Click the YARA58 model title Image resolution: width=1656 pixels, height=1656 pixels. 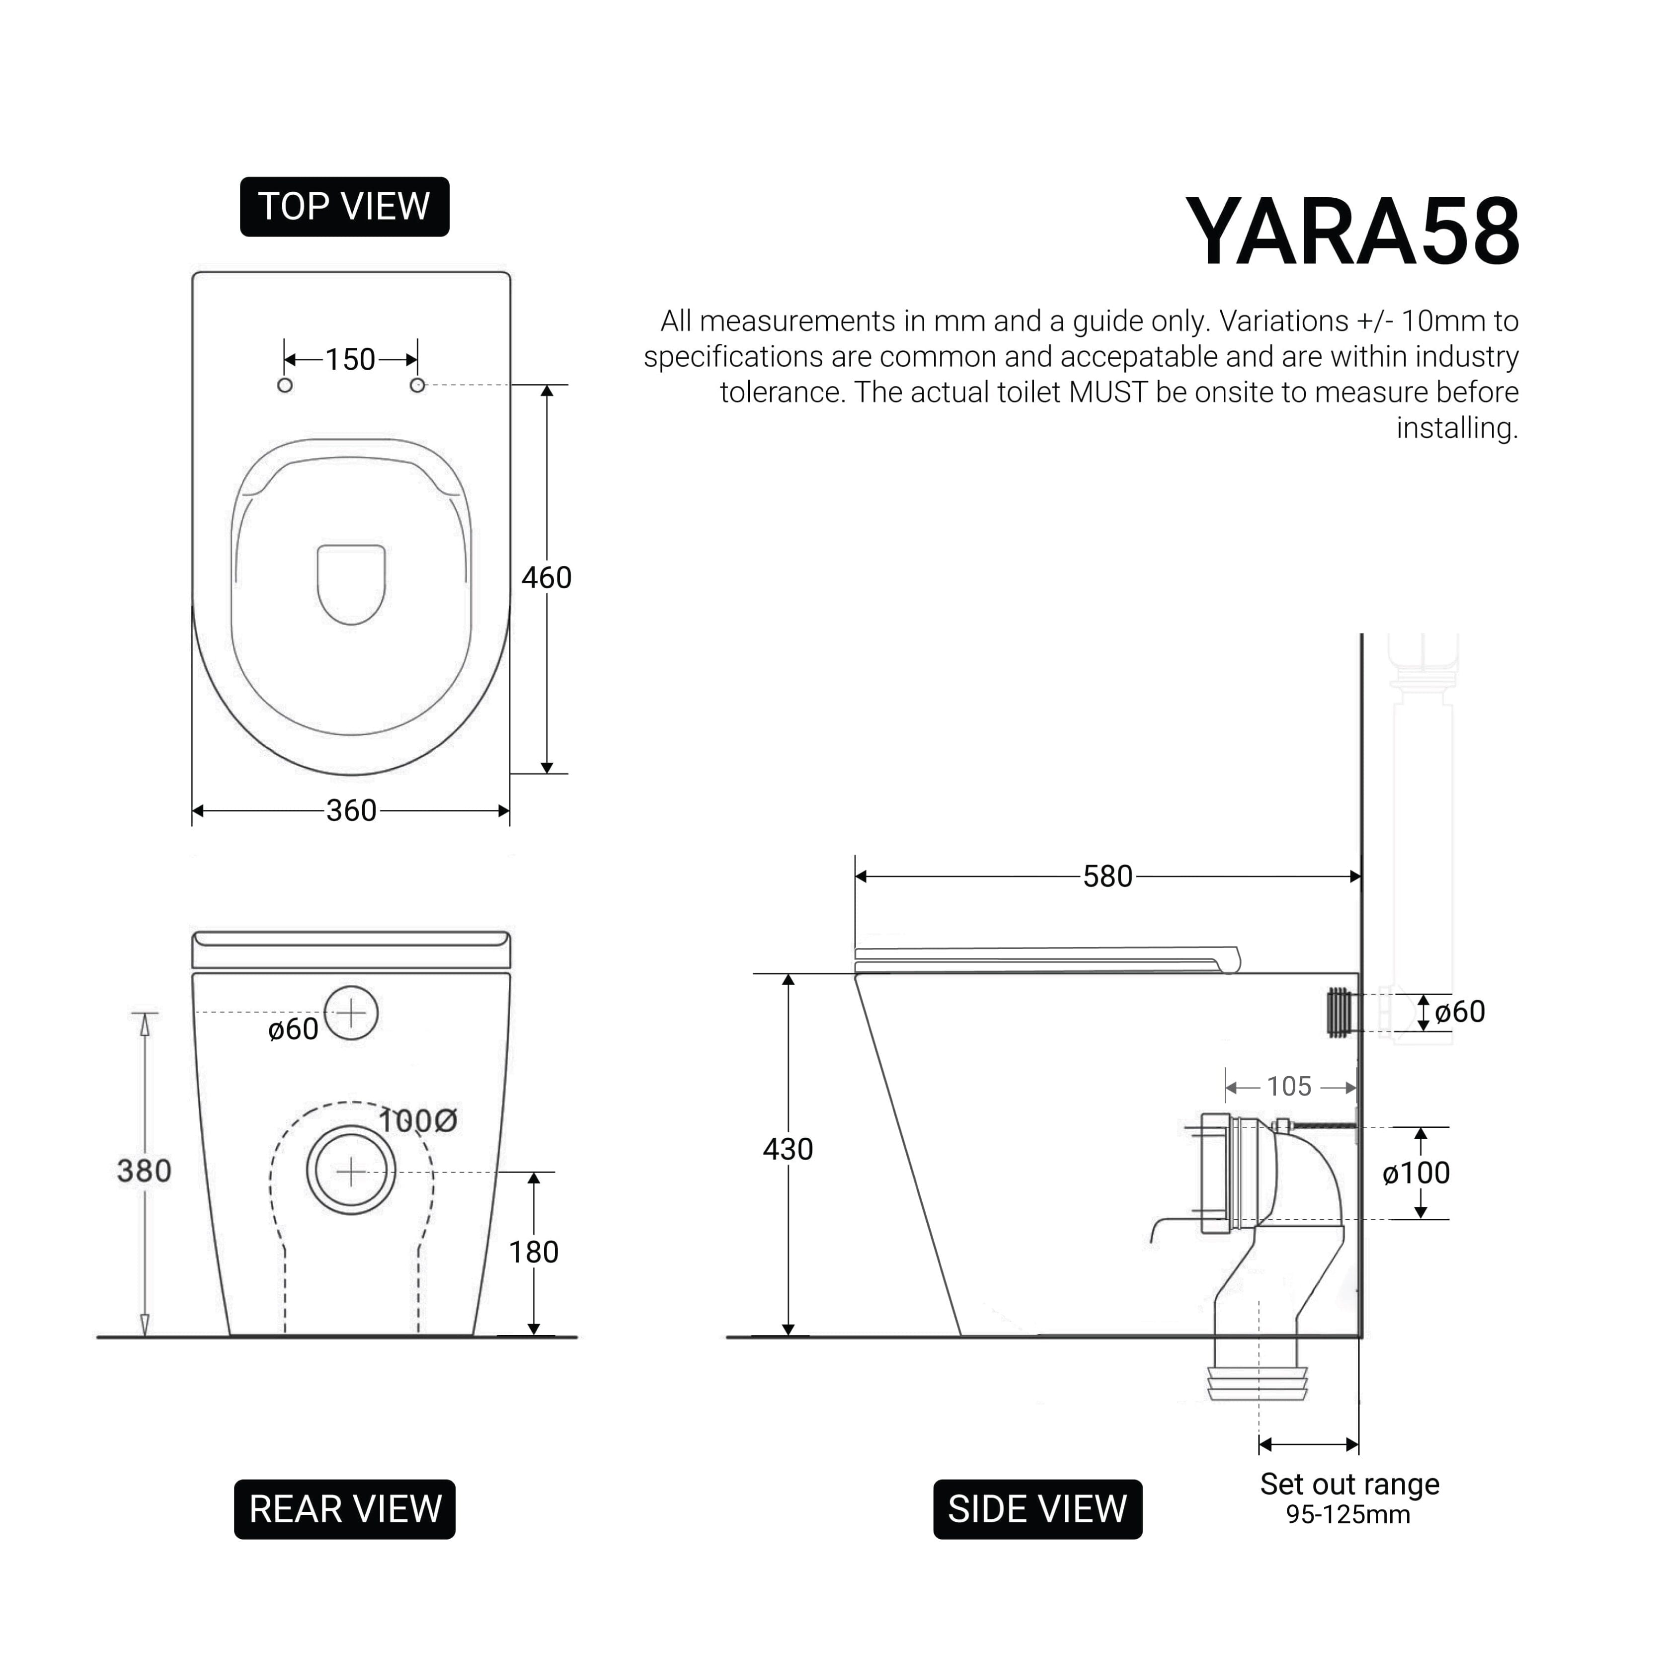1352,233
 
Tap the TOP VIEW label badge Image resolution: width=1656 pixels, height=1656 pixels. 345,207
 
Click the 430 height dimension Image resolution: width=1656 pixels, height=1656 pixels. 787,1149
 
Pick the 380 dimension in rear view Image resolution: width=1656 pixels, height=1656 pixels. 144,1171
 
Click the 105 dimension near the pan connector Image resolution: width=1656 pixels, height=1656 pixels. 1289,1087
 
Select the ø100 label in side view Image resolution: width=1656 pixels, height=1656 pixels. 1416,1173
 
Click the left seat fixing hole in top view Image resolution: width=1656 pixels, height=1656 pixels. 285,386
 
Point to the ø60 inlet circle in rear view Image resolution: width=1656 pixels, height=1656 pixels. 351,1013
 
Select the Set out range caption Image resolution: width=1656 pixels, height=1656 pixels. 1349,1484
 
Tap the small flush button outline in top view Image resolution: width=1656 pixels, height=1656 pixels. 351,583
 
